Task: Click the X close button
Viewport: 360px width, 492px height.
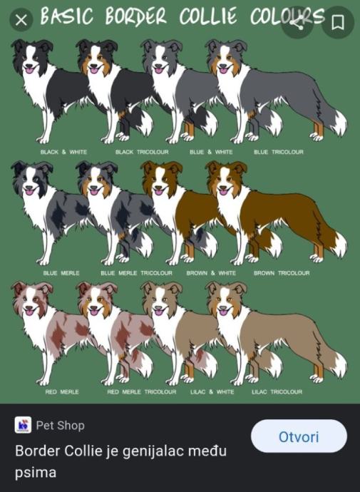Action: pyautogui.click(x=21, y=21)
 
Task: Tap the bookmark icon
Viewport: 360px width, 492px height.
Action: pyautogui.click(x=338, y=22)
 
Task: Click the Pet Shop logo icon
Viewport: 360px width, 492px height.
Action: pyautogui.click(x=23, y=425)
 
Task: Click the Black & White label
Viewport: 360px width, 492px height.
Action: pyautogui.click(x=63, y=152)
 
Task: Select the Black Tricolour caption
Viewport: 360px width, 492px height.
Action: pyautogui.click(x=142, y=152)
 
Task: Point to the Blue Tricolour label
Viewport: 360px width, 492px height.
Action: pyautogui.click(x=279, y=152)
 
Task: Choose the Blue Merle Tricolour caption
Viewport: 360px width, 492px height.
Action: pyautogui.click(x=136, y=273)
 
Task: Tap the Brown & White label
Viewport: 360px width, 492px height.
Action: pyautogui.click(x=211, y=273)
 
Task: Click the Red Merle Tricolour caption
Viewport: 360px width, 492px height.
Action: pyautogui.click(x=141, y=391)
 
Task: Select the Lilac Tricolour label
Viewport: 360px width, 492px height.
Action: pyautogui.click(x=277, y=391)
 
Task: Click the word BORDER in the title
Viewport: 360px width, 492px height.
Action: pyautogui.click(x=135, y=16)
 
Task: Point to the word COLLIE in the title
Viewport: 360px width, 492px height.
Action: pyautogui.click(x=208, y=16)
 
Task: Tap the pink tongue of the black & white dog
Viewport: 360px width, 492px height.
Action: pyautogui.click(x=29, y=70)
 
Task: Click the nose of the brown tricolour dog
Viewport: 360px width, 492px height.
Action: pyautogui.click(x=224, y=188)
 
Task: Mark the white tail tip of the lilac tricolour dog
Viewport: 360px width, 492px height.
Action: pyautogui.click(x=339, y=365)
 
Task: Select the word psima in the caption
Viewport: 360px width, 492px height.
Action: pyautogui.click(x=36, y=473)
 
